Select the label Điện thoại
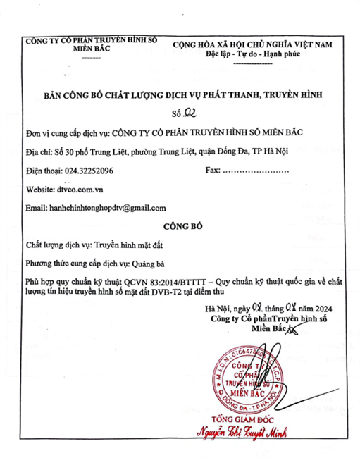[x=42, y=171]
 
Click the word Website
[x=40, y=190]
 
